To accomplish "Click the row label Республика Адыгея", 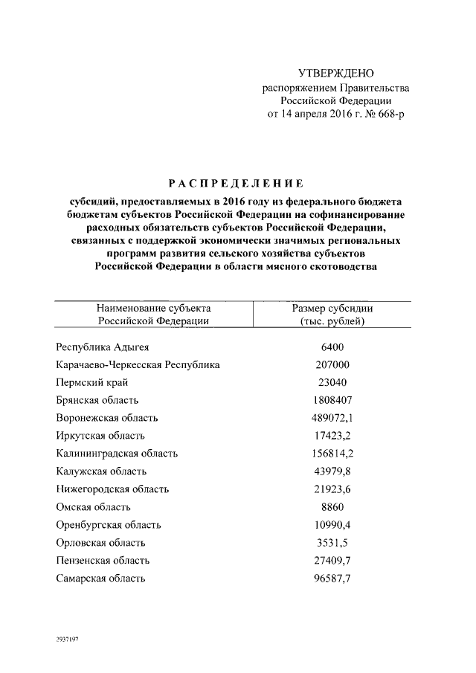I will [x=106, y=347].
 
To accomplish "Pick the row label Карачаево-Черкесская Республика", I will [x=138, y=364].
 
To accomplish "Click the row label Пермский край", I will [x=92, y=382].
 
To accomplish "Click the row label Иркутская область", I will [x=100, y=436].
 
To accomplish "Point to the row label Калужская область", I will [x=101, y=471].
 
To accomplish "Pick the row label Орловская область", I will [x=100, y=542].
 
